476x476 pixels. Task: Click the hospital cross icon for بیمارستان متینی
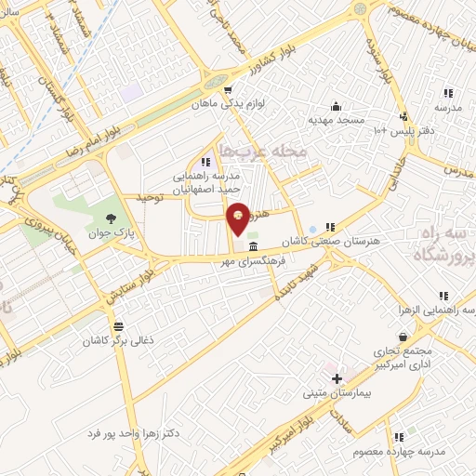[337, 378]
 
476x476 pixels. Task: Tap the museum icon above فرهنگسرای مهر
[254, 247]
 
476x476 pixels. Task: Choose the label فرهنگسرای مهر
[251, 261]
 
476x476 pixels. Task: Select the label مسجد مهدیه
[335, 120]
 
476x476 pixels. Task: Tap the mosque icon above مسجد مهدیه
[335, 106]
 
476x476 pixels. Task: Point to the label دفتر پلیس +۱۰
[404, 130]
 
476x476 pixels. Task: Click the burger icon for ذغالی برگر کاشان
[118, 326]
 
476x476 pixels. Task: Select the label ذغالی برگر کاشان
[118, 341]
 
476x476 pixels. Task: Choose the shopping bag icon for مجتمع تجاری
[402, 337]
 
